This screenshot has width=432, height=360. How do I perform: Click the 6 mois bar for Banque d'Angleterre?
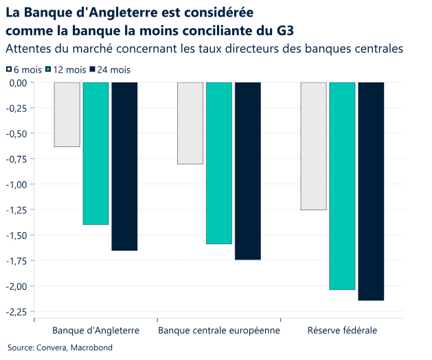click(67, 114)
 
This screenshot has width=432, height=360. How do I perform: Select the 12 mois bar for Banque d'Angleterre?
click(95, 153)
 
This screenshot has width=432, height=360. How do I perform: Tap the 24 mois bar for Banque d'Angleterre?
click(124, 166)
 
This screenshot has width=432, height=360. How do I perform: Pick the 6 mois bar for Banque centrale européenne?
click(190, 123)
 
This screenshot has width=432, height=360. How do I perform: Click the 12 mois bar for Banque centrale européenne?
click(219, 163)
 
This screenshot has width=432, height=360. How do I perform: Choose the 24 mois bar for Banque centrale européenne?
click(248, 171)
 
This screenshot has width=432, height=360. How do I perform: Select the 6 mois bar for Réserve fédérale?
click(313, 146)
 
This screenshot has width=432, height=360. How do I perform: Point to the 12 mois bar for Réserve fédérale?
click(342, 185)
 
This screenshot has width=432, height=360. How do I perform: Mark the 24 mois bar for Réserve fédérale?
click(371, 191)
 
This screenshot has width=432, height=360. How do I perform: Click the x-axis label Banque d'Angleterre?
click(95, 330)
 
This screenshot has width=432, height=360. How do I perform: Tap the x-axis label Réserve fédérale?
click(342, 330)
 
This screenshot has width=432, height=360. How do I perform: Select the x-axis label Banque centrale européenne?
click(219, 330)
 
